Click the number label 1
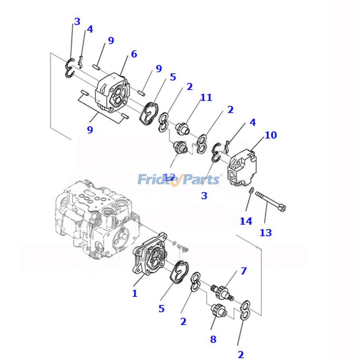pos(135,293)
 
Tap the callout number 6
pos(134,54)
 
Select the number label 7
pos(244,272)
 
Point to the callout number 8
pos(213,340)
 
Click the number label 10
pos(270,135)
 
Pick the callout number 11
pos(206,97)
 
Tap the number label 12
pos(169,176)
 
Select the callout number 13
pos(266,232)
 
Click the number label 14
pos(246,221)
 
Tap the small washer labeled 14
pos(250,190)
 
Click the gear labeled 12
pos(180,148)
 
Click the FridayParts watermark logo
pos(179,179)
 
